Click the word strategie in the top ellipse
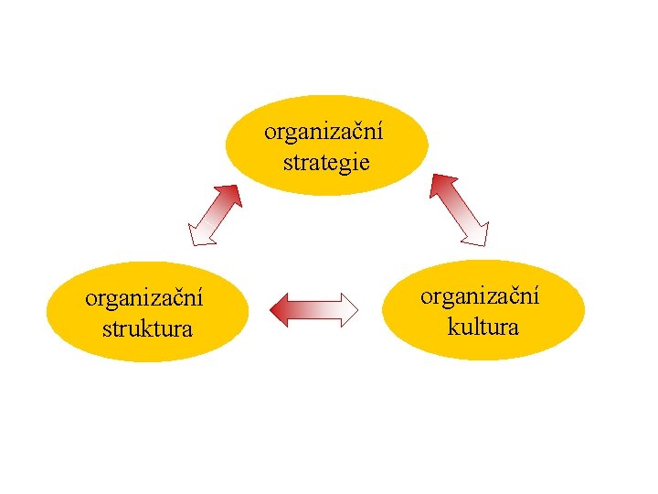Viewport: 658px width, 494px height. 326,163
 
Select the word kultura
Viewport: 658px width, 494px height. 483,326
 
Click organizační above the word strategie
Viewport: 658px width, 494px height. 324,132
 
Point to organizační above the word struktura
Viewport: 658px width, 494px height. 144,298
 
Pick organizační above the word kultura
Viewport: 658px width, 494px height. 480,295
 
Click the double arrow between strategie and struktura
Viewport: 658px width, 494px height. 214,215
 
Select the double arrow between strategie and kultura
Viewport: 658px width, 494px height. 460,209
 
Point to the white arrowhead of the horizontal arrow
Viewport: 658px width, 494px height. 347,309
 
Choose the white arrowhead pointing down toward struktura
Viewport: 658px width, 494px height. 198,235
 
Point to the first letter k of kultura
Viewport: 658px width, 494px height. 452,326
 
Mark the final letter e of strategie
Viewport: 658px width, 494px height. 365,164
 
